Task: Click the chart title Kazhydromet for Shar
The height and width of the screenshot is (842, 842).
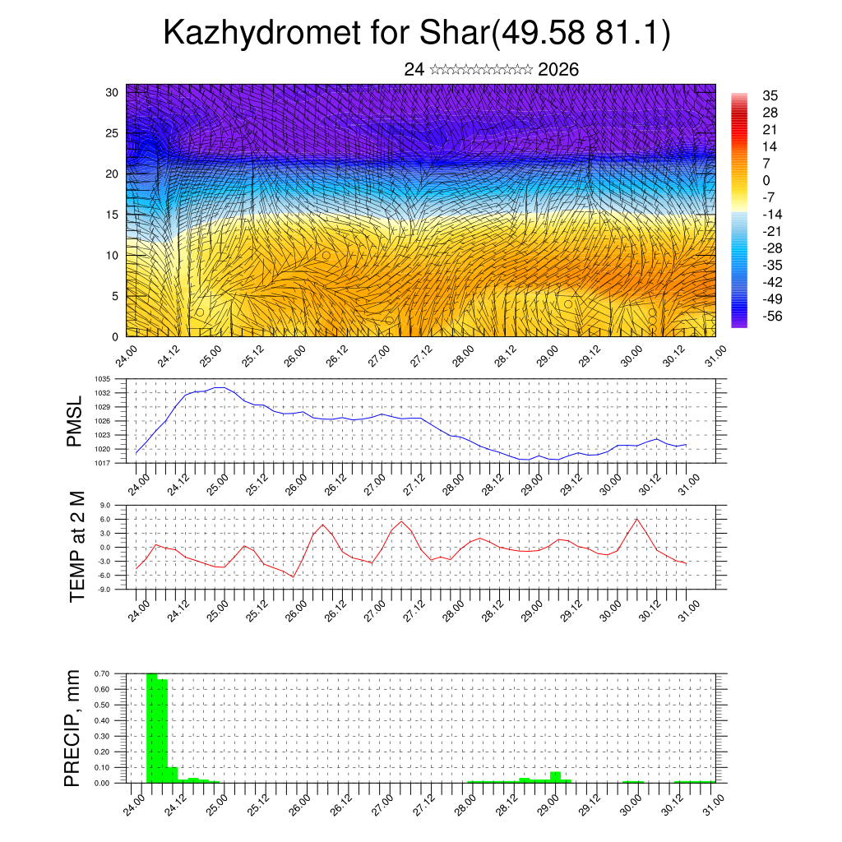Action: pos(417,33)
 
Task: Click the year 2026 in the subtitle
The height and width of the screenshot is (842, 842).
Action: pos(558,70)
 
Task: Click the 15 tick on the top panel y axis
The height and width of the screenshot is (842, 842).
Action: pos(113,215)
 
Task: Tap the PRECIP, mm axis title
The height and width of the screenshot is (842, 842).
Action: pos(75,728)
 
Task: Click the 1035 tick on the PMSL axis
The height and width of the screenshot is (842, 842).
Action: pos(102,379)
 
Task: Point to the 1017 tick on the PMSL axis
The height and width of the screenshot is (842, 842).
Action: pos(102,463)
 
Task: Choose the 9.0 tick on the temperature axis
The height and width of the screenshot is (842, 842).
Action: pos(105,506)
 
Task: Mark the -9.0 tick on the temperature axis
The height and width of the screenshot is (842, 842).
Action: pos(104,590)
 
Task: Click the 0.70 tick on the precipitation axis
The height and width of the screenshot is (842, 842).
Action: pos(102,673)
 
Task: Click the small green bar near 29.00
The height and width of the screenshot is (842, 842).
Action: pos(556,777)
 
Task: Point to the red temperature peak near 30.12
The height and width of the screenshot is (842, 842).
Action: pos(637,518)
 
